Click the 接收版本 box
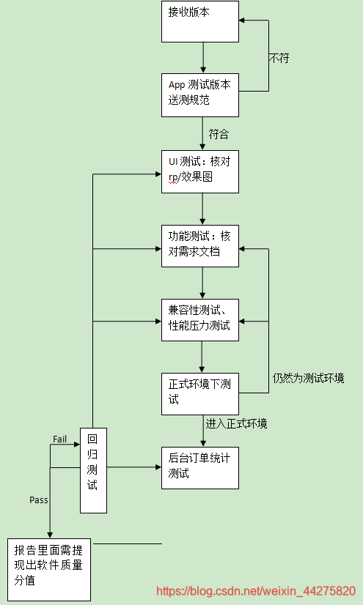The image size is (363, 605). pyautogui.click(x=200, y=21)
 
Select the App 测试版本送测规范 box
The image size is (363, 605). pyautogui.click(x=200, y=94)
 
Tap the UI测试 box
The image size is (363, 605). pyautogui.click(x=200, y=171)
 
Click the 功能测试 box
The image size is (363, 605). pyautogui.click(x=200, y=245)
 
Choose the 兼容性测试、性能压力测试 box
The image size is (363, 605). pyautogui.click(x=200, y=319)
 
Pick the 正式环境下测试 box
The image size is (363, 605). pyautogui.click(x=200, y=393)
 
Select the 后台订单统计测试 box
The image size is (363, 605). pyautogui.click(x=200, y=467)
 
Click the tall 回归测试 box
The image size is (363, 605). pyautogui.click(x=93, y=469)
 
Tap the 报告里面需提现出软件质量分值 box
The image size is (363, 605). pyautogui.click(x=49, y=569)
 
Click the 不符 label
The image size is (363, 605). pyautogui.click(x=279, y=58)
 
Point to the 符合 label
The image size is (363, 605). pyautogui.click(x=219, y=134)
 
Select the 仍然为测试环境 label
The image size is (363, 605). pyautogui.click(x=308, y=379)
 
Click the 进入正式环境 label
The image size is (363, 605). pyautogui.click(x=237, y=423)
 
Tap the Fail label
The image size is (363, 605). pyautogui.click(x=60, y=438)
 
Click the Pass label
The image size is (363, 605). pyautogui.click(x=39, y=500)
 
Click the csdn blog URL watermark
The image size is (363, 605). pyautogui.click(x=256, y=590)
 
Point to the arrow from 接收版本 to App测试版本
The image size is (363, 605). pyautogui.click(x=203, y=58)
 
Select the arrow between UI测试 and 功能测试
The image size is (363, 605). pyautogui.click(x=203, y=208)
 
